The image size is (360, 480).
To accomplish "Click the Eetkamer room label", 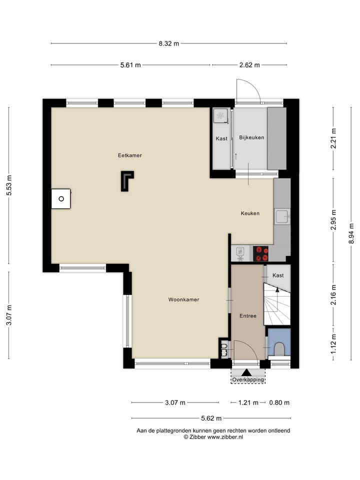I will (x=130, y=155).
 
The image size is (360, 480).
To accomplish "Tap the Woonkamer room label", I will (x=183, y=300).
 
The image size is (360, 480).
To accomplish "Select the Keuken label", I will (x=250, y=213).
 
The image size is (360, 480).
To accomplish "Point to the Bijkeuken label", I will (x=251, y=137).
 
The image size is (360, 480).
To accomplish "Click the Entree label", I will (x=247, y=316).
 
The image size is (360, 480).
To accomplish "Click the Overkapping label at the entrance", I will (x=248, y=380).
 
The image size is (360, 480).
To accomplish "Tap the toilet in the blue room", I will (x=279, y=348).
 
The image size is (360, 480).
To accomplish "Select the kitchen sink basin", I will (x=281, y=216).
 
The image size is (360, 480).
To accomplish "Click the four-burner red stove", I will (x=261, y=253).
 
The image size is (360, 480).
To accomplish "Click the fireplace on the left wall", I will (x=61, y=198).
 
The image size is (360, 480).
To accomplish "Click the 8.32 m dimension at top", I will (x=169, y=43).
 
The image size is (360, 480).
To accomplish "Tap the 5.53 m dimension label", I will (x=8, y=185).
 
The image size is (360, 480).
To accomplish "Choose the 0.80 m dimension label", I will (x=279, y=402).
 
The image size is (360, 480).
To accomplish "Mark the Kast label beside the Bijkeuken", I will (x=221, y=138).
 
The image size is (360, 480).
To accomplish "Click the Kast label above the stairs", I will (x=278, y=275).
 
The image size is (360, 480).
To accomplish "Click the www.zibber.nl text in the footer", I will (x=225, y=437).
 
